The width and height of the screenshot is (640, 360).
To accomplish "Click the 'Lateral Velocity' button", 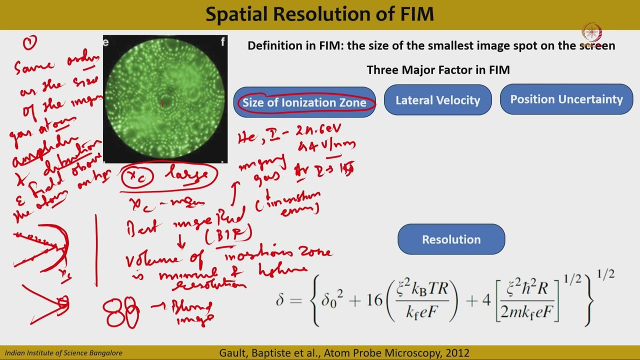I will click(x=437, y=100).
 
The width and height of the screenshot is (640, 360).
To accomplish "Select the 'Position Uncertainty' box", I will click(x=566, y=99).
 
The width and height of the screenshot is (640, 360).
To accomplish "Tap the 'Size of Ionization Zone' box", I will click(x=304, y=102).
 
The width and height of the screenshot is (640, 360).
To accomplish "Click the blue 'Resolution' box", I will click(x=451, y=239).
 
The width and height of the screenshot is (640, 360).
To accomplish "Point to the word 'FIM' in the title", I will click(x=413, y=14).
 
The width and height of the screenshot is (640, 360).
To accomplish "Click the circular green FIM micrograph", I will click(x=165, y=99).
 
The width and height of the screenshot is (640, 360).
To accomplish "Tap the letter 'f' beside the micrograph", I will click(x=222, y=42).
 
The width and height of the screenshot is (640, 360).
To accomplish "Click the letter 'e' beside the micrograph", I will click(x=106, y=42).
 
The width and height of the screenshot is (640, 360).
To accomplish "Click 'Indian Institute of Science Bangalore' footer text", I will click(x=63, y=353).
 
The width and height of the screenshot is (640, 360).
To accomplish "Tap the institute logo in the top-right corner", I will click(x=592, y=32).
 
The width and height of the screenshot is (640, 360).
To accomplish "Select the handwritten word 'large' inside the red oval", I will click(x=191, y=175).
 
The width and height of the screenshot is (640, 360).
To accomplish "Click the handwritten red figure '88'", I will click(x=121, y=313).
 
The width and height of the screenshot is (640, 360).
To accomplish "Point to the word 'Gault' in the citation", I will click(x=232, y=353).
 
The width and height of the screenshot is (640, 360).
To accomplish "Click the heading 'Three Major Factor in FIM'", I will click(x=438, y=70).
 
